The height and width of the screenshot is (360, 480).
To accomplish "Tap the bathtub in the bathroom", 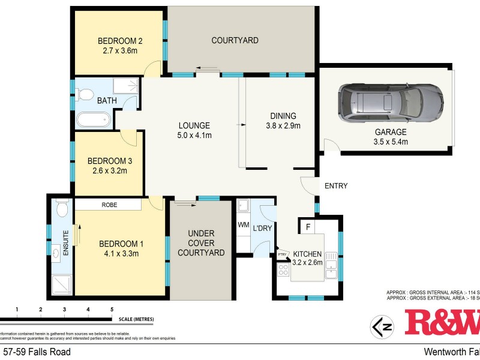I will click(x=94, y=119).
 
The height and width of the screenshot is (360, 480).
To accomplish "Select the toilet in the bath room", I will click(x=85, y=94).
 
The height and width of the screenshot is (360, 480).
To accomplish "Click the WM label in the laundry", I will click(x=244, y=225).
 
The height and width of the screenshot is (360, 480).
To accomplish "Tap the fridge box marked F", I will click(x=308, y=227).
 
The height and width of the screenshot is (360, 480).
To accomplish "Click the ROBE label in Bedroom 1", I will click(x=109, y=205).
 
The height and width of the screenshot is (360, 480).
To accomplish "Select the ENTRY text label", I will click(x=336, y=186).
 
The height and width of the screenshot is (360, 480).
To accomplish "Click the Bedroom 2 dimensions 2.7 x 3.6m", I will click(x=120, y=52).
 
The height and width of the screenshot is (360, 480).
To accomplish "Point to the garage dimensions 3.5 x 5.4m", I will click(x=391, y=142).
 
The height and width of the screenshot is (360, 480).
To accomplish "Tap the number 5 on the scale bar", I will click(x=112, y=310).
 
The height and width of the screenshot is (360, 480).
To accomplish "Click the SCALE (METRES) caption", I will click(x=136, y=319).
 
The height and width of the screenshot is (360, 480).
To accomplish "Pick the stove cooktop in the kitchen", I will click(x=283, y=271).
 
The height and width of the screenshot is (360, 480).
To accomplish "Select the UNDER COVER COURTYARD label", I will click(x=201, y=243).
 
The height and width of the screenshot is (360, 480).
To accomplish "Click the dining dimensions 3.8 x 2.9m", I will click(x=283, y=126).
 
